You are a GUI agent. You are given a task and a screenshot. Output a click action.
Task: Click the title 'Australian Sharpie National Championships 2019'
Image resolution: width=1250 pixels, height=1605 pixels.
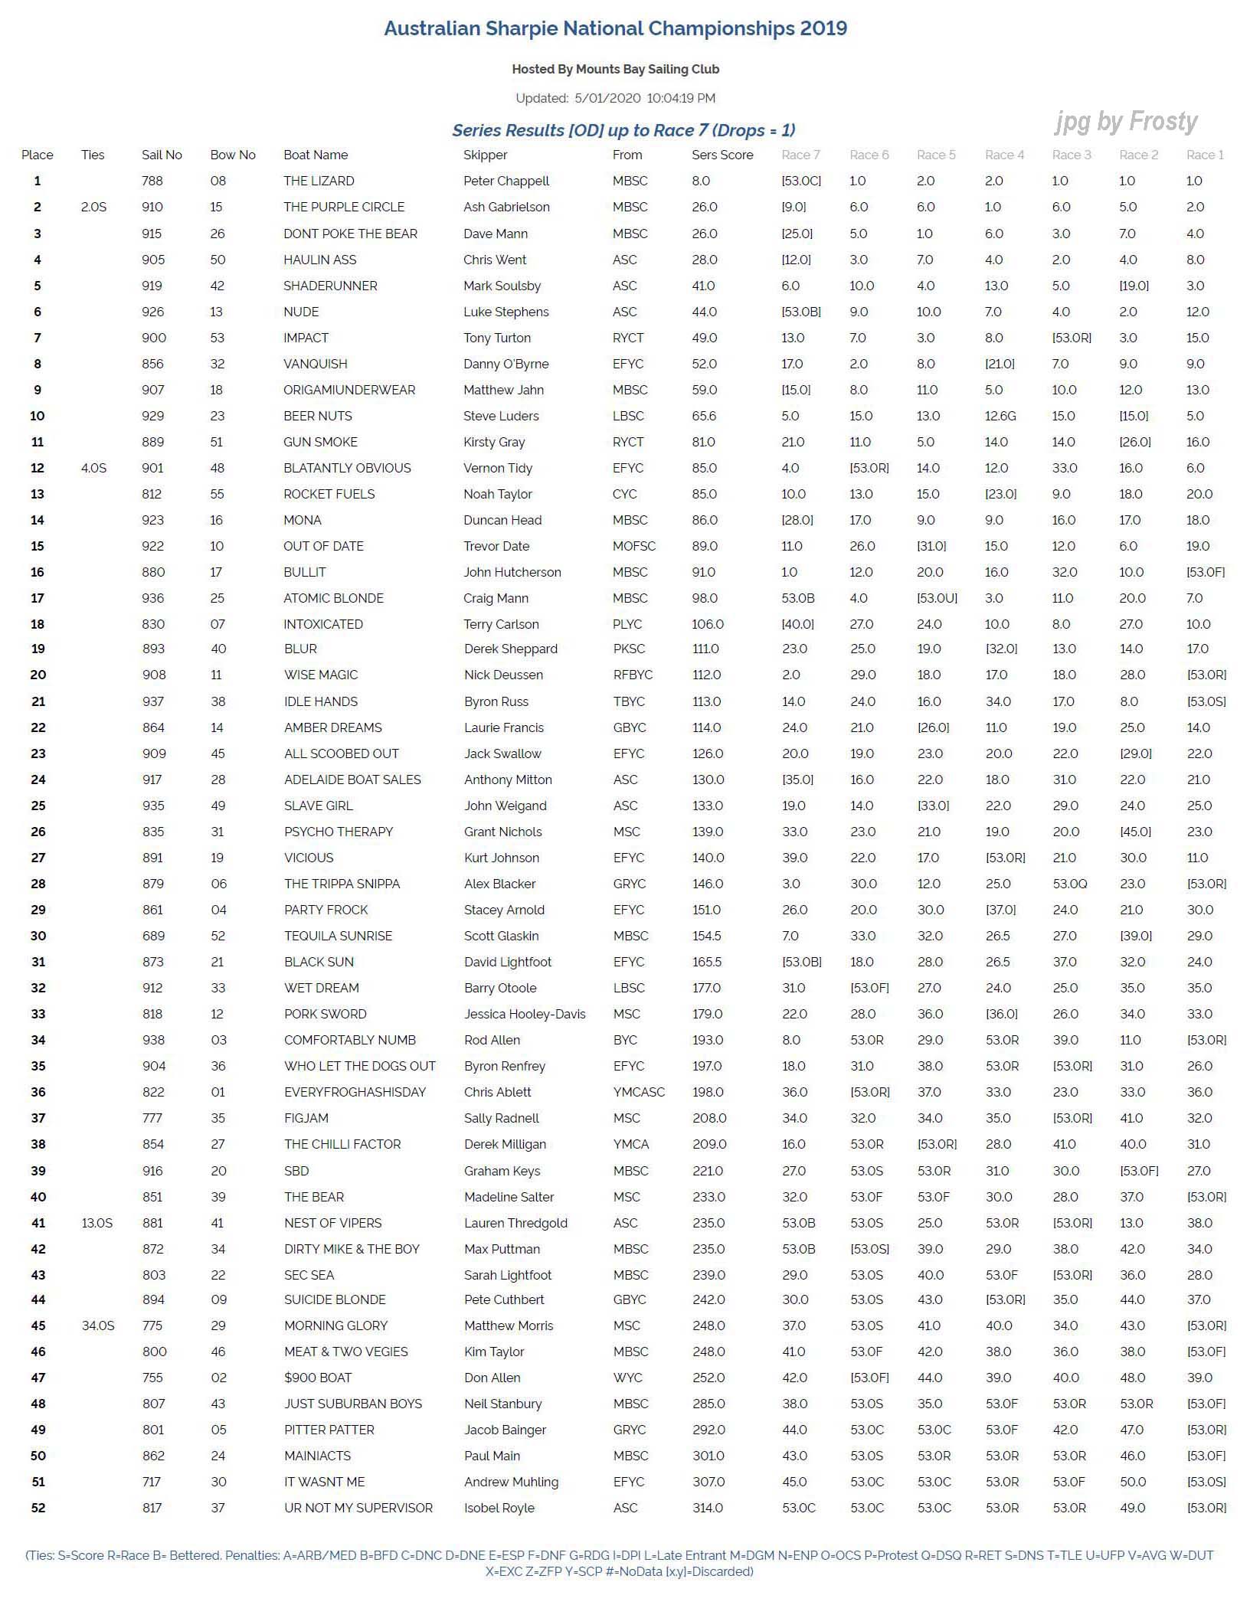[x=615, y=29]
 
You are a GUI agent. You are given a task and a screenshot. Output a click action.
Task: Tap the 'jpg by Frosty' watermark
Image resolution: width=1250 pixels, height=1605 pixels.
[x=1126, y=122]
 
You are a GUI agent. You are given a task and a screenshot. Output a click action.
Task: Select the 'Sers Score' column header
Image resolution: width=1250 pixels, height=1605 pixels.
[x=722, y=155]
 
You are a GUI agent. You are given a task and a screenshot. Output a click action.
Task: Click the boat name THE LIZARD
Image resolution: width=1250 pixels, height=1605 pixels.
[x=319, y=181]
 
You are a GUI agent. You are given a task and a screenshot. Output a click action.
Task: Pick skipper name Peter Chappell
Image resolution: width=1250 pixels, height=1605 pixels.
[x=506, y=181]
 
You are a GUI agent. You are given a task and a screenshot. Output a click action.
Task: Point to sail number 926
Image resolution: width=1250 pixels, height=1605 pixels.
[x=152, y=312]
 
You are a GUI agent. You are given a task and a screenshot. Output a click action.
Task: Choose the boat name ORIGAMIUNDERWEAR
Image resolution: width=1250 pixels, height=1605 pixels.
[x=349, y=390]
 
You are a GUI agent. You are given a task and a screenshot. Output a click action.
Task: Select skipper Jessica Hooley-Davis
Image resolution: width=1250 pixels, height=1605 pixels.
[x=525, y=1014]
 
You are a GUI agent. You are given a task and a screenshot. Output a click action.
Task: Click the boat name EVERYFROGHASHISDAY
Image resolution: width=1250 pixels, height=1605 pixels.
[x=355, y=1092]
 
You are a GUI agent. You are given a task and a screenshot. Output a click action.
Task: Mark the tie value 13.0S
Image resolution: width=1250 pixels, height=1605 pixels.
[x=97, y=1223]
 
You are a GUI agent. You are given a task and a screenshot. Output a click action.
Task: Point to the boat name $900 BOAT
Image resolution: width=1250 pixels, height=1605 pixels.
[x=318, y=1378]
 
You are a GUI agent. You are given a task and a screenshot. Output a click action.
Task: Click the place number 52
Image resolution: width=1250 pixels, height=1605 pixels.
[x=38, y=1508]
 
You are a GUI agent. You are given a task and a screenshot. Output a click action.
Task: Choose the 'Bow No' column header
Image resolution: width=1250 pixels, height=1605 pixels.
[x=233, y=155]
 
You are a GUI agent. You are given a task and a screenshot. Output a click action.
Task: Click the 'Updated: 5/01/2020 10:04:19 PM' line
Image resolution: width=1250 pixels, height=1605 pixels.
[x=615, y=98]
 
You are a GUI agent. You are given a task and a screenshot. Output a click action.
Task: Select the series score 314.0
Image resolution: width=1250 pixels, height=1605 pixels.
[x=708, y=1508]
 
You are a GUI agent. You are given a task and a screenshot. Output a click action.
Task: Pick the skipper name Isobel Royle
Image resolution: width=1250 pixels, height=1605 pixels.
[x=499, y=1508]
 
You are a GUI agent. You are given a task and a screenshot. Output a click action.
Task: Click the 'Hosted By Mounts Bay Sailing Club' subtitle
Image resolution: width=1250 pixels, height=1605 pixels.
[x=615, y=69]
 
